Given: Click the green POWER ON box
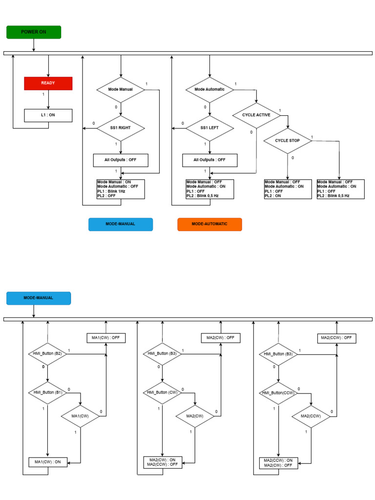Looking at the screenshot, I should pyautogui.click(x=34, y=32).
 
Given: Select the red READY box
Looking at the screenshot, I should pyautogui.click(x=48, y=83).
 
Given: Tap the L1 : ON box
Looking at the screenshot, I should pyautogui.click(x=48, y=115).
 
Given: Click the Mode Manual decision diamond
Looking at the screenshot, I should pyautogui.click(x=121, y=89).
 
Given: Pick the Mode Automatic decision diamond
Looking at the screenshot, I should pyautogui.click(x=209, y=89).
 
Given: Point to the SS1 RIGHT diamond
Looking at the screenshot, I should pyautogui.click(x=121, y=128).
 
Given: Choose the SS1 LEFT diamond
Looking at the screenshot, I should pyautogui.click(x=209, y=128).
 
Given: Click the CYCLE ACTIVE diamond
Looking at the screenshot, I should pyautogui.click(x=256, y=115).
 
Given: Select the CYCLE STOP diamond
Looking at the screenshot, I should pyautogui.click(x=288, y=141).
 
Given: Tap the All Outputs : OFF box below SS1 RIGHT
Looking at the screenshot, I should pyautogui.click(x=121, y=160).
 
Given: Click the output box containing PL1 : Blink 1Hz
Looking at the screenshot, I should pyautogui.click(x=121, y=189).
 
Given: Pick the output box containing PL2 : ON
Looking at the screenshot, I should pyautogui.click(x=288, y=189).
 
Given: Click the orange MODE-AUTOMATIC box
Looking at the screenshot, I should pyautogui.click(x=209, y=224).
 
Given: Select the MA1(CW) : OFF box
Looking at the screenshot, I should pyautogui.click(x=106, y=338).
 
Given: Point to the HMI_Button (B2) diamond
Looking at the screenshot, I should pyautogui.click(x=48, y=353).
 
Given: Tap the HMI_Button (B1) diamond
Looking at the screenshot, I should pyautogui.click(x=48, y=392).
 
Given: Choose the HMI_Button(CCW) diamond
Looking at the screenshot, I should pyautogui.click(x=279, y=392).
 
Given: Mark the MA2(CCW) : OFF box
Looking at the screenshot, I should pyautogui.click(x=336, y=338).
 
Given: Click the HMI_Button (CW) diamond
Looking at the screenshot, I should pyautogui.click(x=163, y=392).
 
